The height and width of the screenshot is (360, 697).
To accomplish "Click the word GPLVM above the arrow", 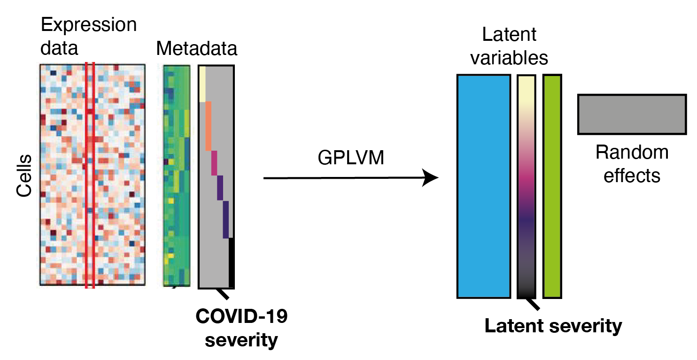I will click(x=351, y=159).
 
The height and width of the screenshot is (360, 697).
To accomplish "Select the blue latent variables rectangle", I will click(x=483, y=186).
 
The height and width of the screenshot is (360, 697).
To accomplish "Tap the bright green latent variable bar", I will click(x=552, y=186).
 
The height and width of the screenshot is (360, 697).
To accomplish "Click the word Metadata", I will click(x=197, y=48).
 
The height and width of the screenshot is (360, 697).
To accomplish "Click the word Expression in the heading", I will click(x=89, y=24).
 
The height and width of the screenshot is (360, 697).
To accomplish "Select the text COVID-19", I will click(x=241, y=317).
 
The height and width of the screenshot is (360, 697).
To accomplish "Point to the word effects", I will click(x=632, y=175).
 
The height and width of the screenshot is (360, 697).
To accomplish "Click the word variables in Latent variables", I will click(x=509, y=58).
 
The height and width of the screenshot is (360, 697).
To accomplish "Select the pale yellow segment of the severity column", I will click(x=202, y=83).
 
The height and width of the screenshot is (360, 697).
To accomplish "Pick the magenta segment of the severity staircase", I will click(x=214, y=163).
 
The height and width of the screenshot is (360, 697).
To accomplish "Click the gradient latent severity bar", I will click(x=526, y=186).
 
